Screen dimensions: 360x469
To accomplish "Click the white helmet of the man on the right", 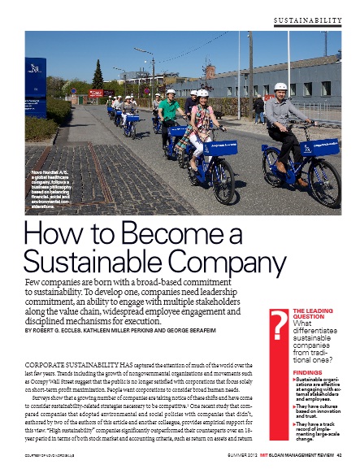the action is click(x=280, y=86).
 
